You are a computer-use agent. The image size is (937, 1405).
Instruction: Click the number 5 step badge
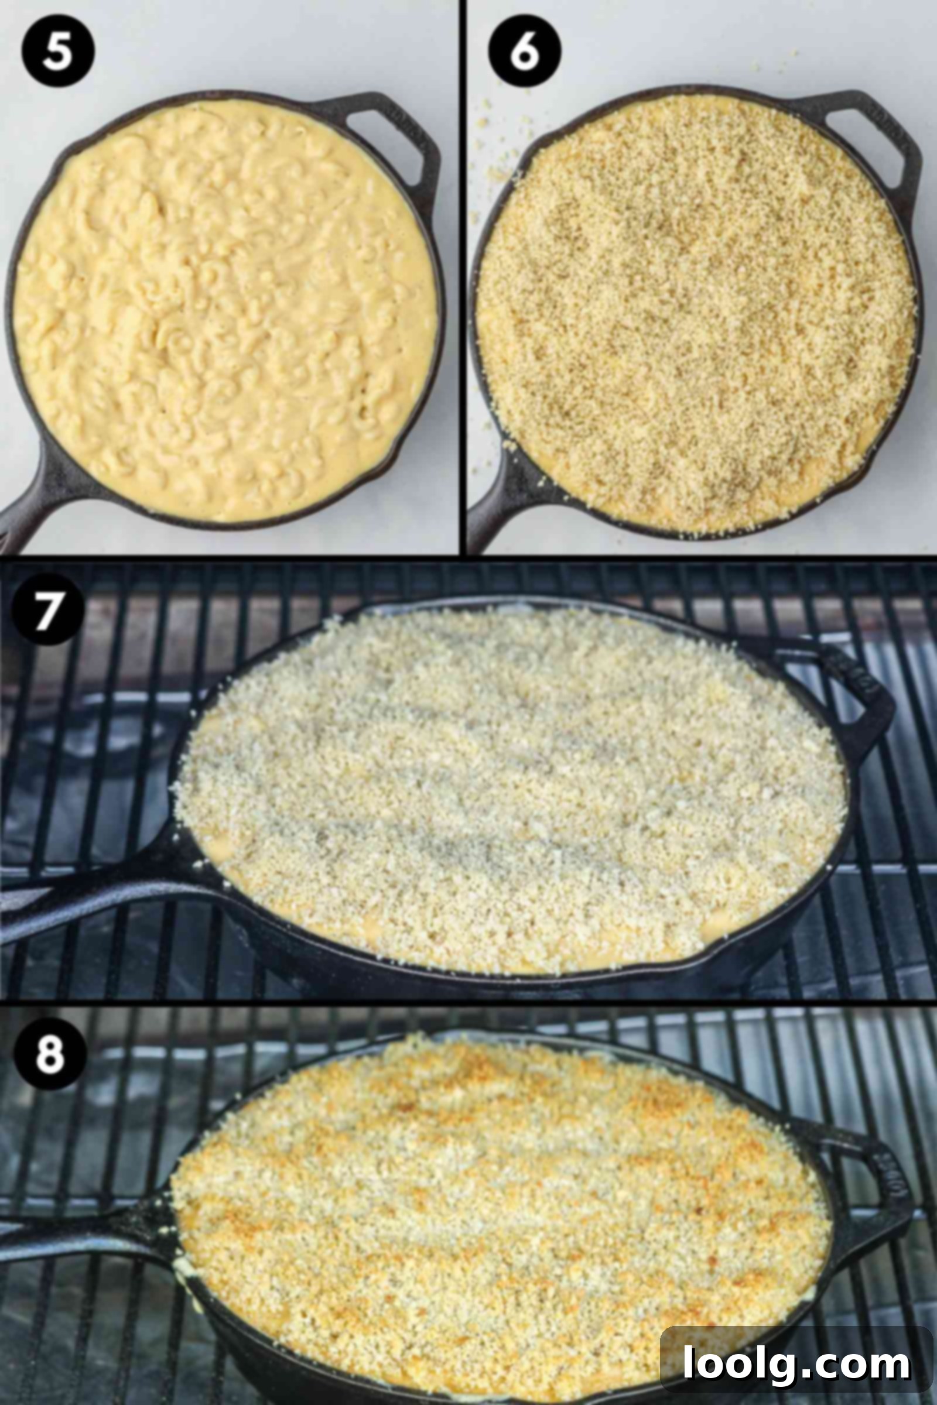[58, 51]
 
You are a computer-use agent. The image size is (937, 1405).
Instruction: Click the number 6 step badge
[524, 51]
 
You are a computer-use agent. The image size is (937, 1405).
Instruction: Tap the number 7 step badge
[49, 609]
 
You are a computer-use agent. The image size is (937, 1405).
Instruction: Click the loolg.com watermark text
[796, 1363]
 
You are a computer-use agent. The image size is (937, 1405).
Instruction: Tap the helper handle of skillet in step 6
[860, 128]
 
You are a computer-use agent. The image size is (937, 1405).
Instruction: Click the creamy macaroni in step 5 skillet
[225, 311]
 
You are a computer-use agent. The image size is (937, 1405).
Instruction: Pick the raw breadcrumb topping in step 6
[696, 314]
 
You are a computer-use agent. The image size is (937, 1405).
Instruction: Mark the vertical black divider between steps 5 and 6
[463, 277]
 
